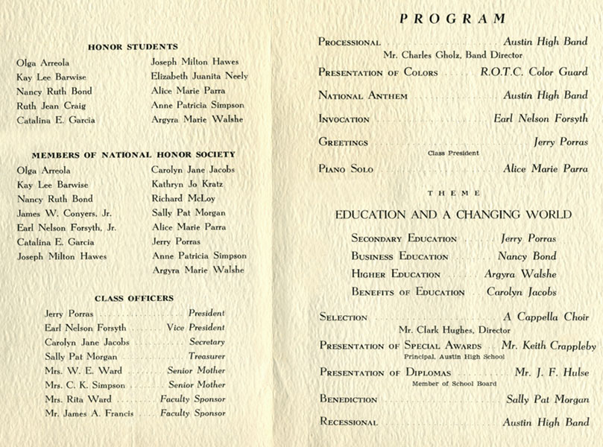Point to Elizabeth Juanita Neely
pyautogui.click(x=199, y=76)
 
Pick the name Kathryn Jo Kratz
pyautogui.click(x=186, y=184)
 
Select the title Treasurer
pyautogui.click(x=206, y=357)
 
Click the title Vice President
pyautogui.click(x=197, y=328)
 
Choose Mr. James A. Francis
pyautogui.click(x=89, y=413)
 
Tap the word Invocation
pyautogui.click(x=344, y=119)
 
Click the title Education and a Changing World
pyautogui.click(x=453, y=215)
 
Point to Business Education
pyautogui.click(x=400, y=257)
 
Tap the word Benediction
pyautogui.click(x=348, y=400)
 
